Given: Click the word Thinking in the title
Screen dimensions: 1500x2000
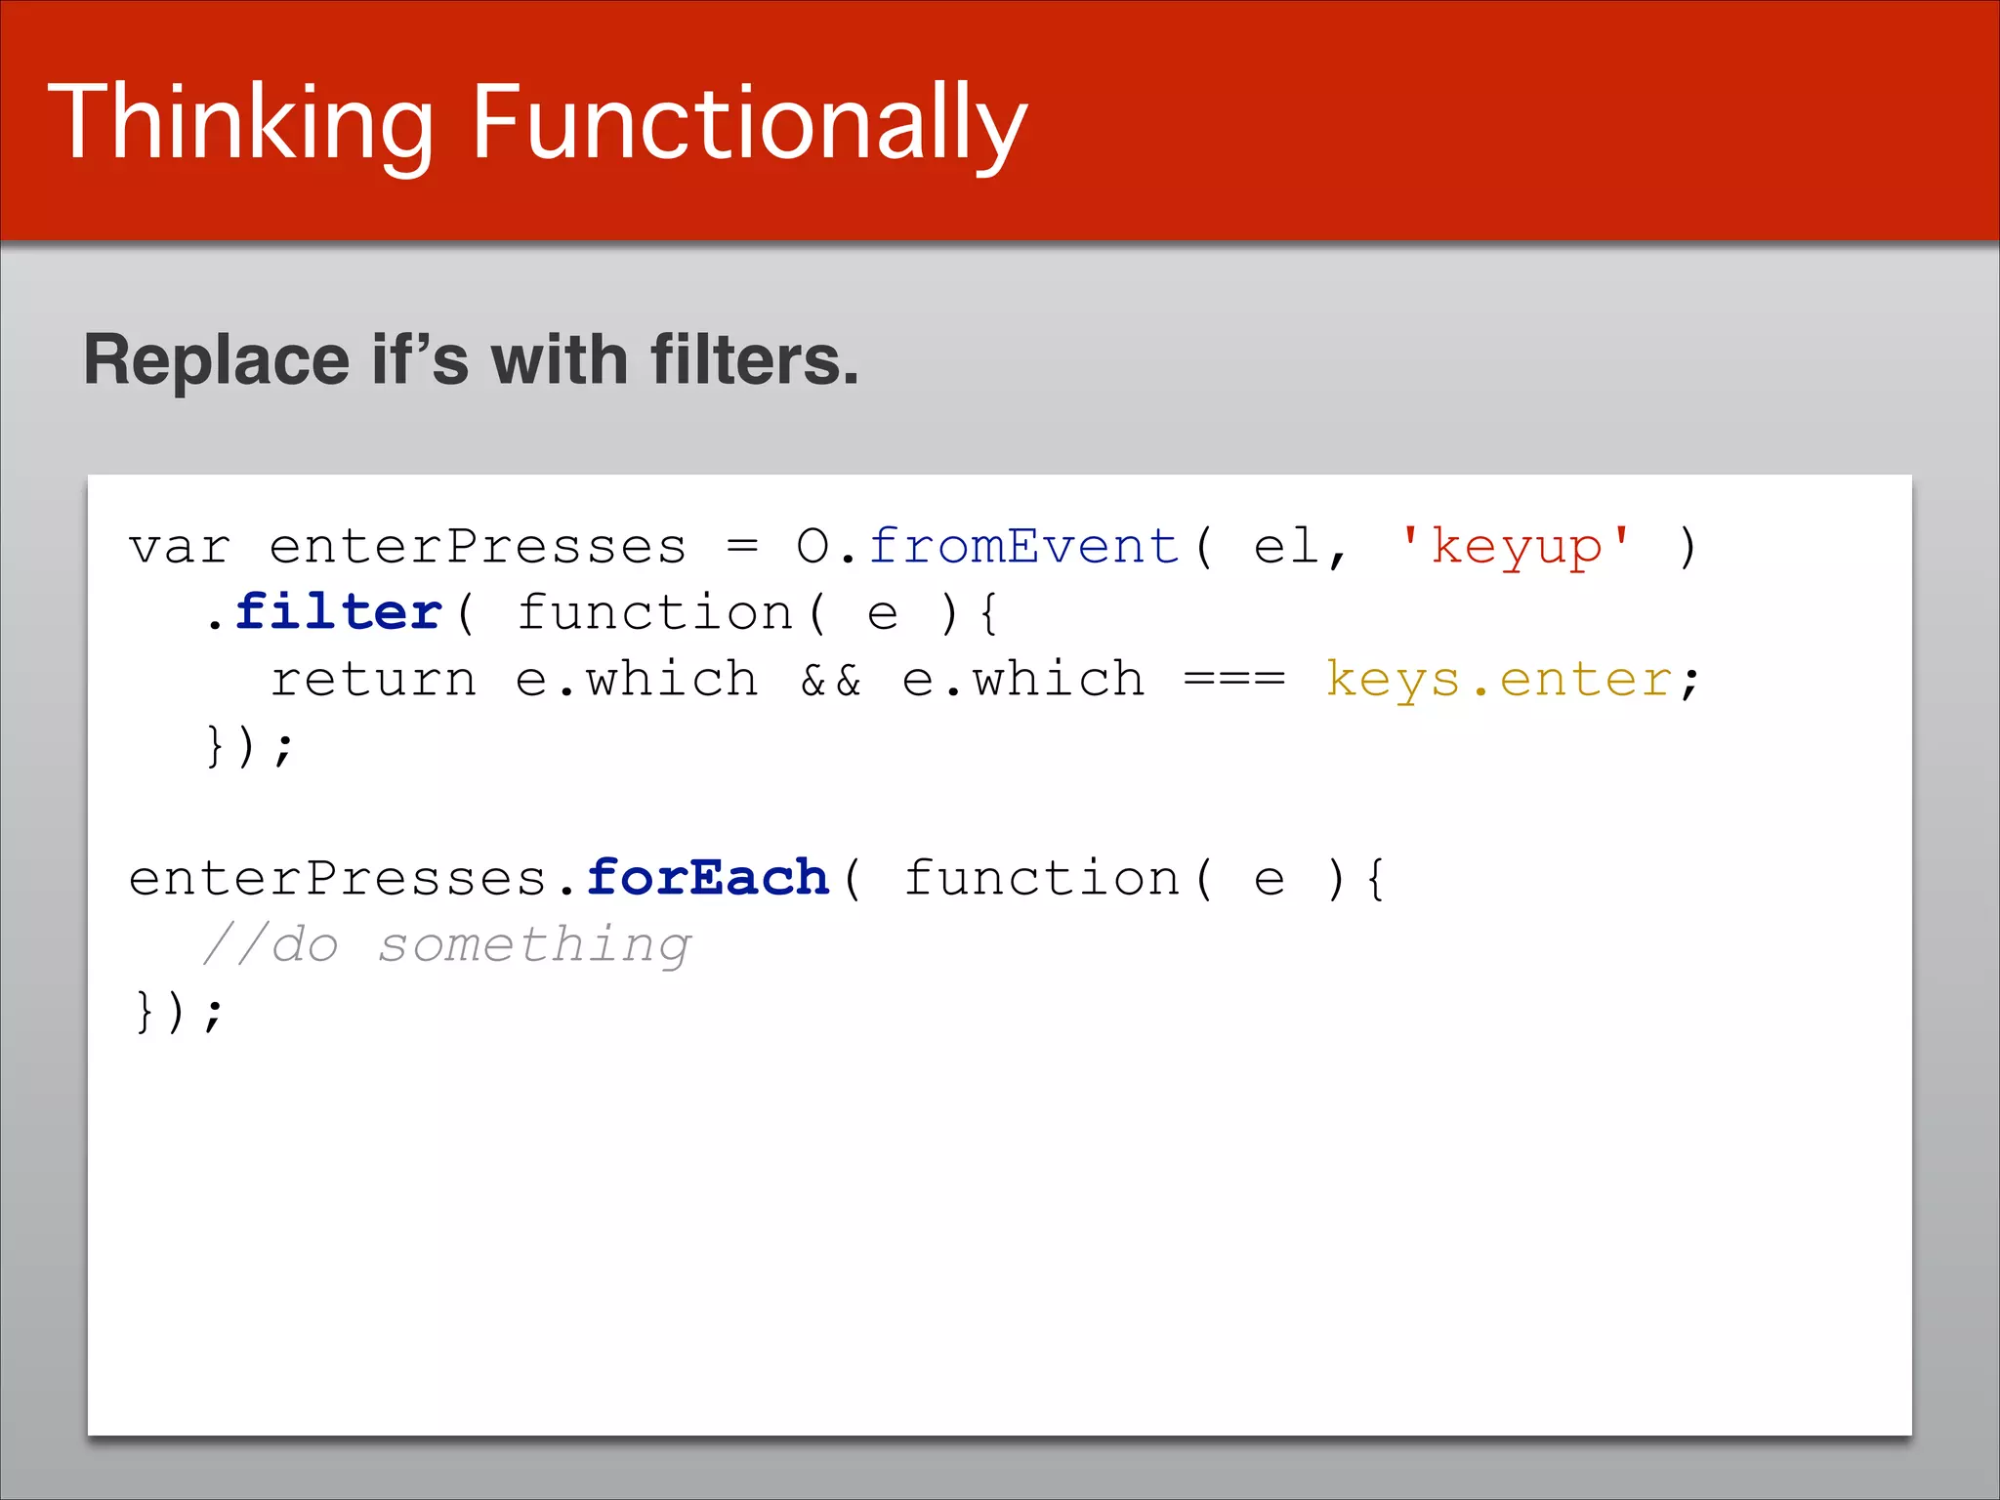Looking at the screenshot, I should [240, 123].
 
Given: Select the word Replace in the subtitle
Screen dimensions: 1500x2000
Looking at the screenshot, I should [216, 360].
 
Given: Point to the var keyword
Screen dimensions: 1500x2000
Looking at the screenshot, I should [180, 546].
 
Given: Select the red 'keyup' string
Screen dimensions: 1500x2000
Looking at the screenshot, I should [1515, 546].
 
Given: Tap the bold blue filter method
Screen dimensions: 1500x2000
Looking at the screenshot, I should [339, 612].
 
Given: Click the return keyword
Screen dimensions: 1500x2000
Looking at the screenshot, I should [374, 679].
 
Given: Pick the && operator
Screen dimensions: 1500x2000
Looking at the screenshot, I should [831, 679].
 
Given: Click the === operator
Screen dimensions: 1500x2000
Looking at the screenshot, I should [1234, 679].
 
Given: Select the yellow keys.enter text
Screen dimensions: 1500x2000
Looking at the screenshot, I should [1498, 679].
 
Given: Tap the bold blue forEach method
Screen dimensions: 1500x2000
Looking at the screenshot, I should [708, 877].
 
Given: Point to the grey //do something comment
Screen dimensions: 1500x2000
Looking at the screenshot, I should [446, 944].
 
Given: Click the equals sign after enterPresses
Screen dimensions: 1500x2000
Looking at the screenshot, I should [742, 546].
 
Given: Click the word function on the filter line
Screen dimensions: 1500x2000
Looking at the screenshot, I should [655, 612].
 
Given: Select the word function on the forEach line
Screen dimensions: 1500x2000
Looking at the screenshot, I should [1042, 877].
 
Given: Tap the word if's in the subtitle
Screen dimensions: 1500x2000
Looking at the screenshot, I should [421, 360].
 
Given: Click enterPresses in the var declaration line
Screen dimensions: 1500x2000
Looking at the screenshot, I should [478, 546].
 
